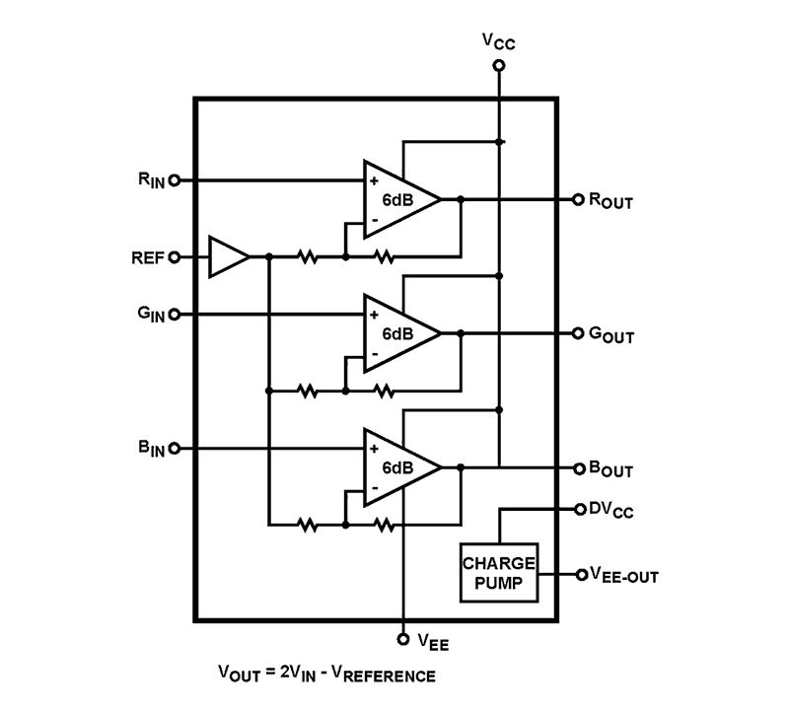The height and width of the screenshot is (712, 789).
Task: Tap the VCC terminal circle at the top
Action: tap(499, 66)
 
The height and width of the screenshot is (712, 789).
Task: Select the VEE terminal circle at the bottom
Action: tap(402, 638)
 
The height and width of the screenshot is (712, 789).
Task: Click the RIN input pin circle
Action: tap(176, 180)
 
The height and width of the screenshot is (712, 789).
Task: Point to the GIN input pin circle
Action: tap(176, 315)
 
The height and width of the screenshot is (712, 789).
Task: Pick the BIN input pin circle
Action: tap(176, 449)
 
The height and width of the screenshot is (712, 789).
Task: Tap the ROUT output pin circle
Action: tap(578, 199)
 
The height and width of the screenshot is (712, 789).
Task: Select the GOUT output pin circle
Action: tap(578, 333)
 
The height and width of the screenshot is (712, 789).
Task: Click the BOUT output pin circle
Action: tap(578, 467)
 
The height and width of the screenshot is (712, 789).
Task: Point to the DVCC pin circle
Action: tap(578, 510)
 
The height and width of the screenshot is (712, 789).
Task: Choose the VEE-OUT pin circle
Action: tap(580, 575)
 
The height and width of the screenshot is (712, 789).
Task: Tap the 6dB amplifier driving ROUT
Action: tap(397, 199)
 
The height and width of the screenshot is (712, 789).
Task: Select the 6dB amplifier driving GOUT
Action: tap(397, 333)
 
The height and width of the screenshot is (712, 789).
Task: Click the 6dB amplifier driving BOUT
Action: tap(397, 467)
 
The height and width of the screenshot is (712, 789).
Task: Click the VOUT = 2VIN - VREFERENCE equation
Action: tap(326, 675)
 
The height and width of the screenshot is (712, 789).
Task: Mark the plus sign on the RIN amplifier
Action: tap(375, 181)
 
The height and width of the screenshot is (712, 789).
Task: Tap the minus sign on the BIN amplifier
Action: tap(375, 488)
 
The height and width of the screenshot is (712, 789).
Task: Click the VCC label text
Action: tap(498, 40)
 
